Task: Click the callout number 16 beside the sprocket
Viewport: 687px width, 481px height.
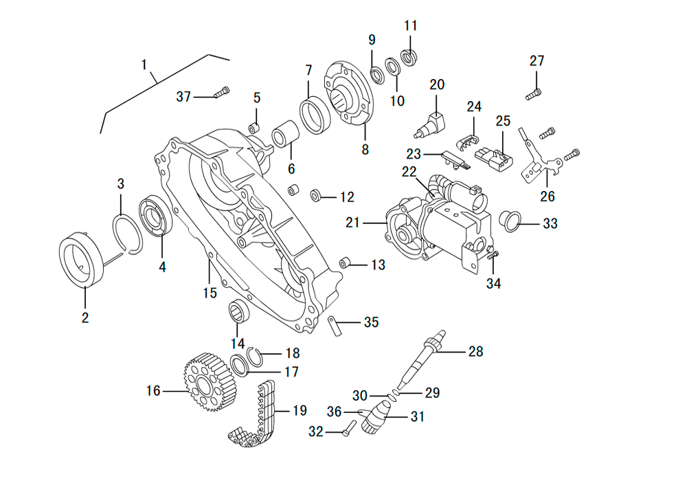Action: pos(153,390)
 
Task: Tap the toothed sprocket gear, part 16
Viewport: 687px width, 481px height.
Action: pos(210,382)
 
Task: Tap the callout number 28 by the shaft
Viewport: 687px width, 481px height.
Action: pos(475,352)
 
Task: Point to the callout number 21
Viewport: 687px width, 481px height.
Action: pos(353,223)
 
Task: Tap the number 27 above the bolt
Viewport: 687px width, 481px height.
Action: pos(537,61)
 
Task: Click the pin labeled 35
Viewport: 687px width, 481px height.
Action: pos(334,324)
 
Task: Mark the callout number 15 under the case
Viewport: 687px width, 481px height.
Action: pos(210,293)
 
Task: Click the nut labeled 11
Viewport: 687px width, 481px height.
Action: pos(409,56)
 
